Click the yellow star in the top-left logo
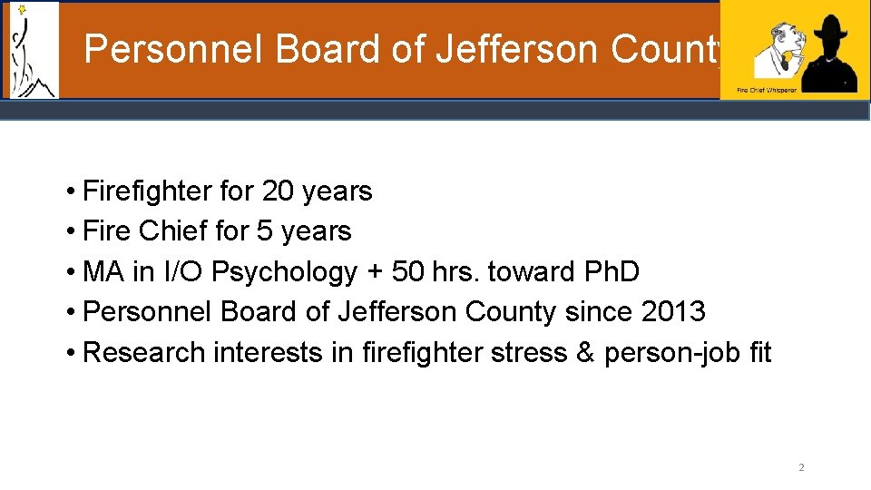pyautogui.click(x=22, y=10)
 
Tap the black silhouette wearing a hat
pyautogui.click(x=827, y=55)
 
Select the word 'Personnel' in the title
pyautogui.click(x=172, y=49)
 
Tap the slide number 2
pyautogui.click(x=801, y=468)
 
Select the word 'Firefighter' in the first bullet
pyautogui.click(x=147, y=191)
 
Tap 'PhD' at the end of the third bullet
pyautogui.click(x=608, y=271)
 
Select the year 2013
pyautogui.click(x=672, y=311)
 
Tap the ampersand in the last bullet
pyautogui.click(x=585, y=352)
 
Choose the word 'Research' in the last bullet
pyautogui.click(x=143, y=352)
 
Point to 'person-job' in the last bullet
pyautogui.click(x=670, y=352)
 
